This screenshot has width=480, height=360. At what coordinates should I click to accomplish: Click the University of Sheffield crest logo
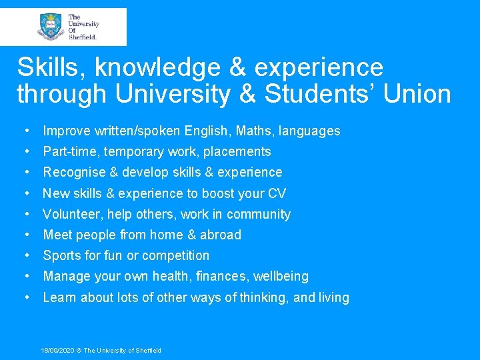tap(51, 27)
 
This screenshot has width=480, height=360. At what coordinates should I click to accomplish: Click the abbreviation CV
tap(277, 193)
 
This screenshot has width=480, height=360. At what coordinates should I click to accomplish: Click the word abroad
tap(221, 235)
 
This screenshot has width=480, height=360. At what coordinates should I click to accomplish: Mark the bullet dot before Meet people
tap(25, 235)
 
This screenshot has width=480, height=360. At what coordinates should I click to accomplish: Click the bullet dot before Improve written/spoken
tap(25, 131)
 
